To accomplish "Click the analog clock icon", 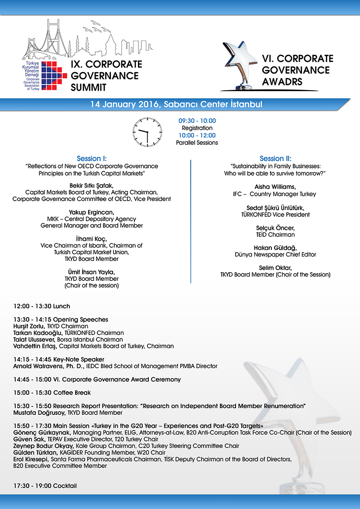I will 147,132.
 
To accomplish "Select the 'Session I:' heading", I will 92,159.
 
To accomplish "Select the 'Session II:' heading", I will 275,159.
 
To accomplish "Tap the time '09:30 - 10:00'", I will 197,121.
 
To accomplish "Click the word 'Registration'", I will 197,128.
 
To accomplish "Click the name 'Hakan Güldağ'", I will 275,248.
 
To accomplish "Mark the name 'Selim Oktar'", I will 275,268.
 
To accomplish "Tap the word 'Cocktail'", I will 65,485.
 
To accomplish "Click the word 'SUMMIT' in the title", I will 89,87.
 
